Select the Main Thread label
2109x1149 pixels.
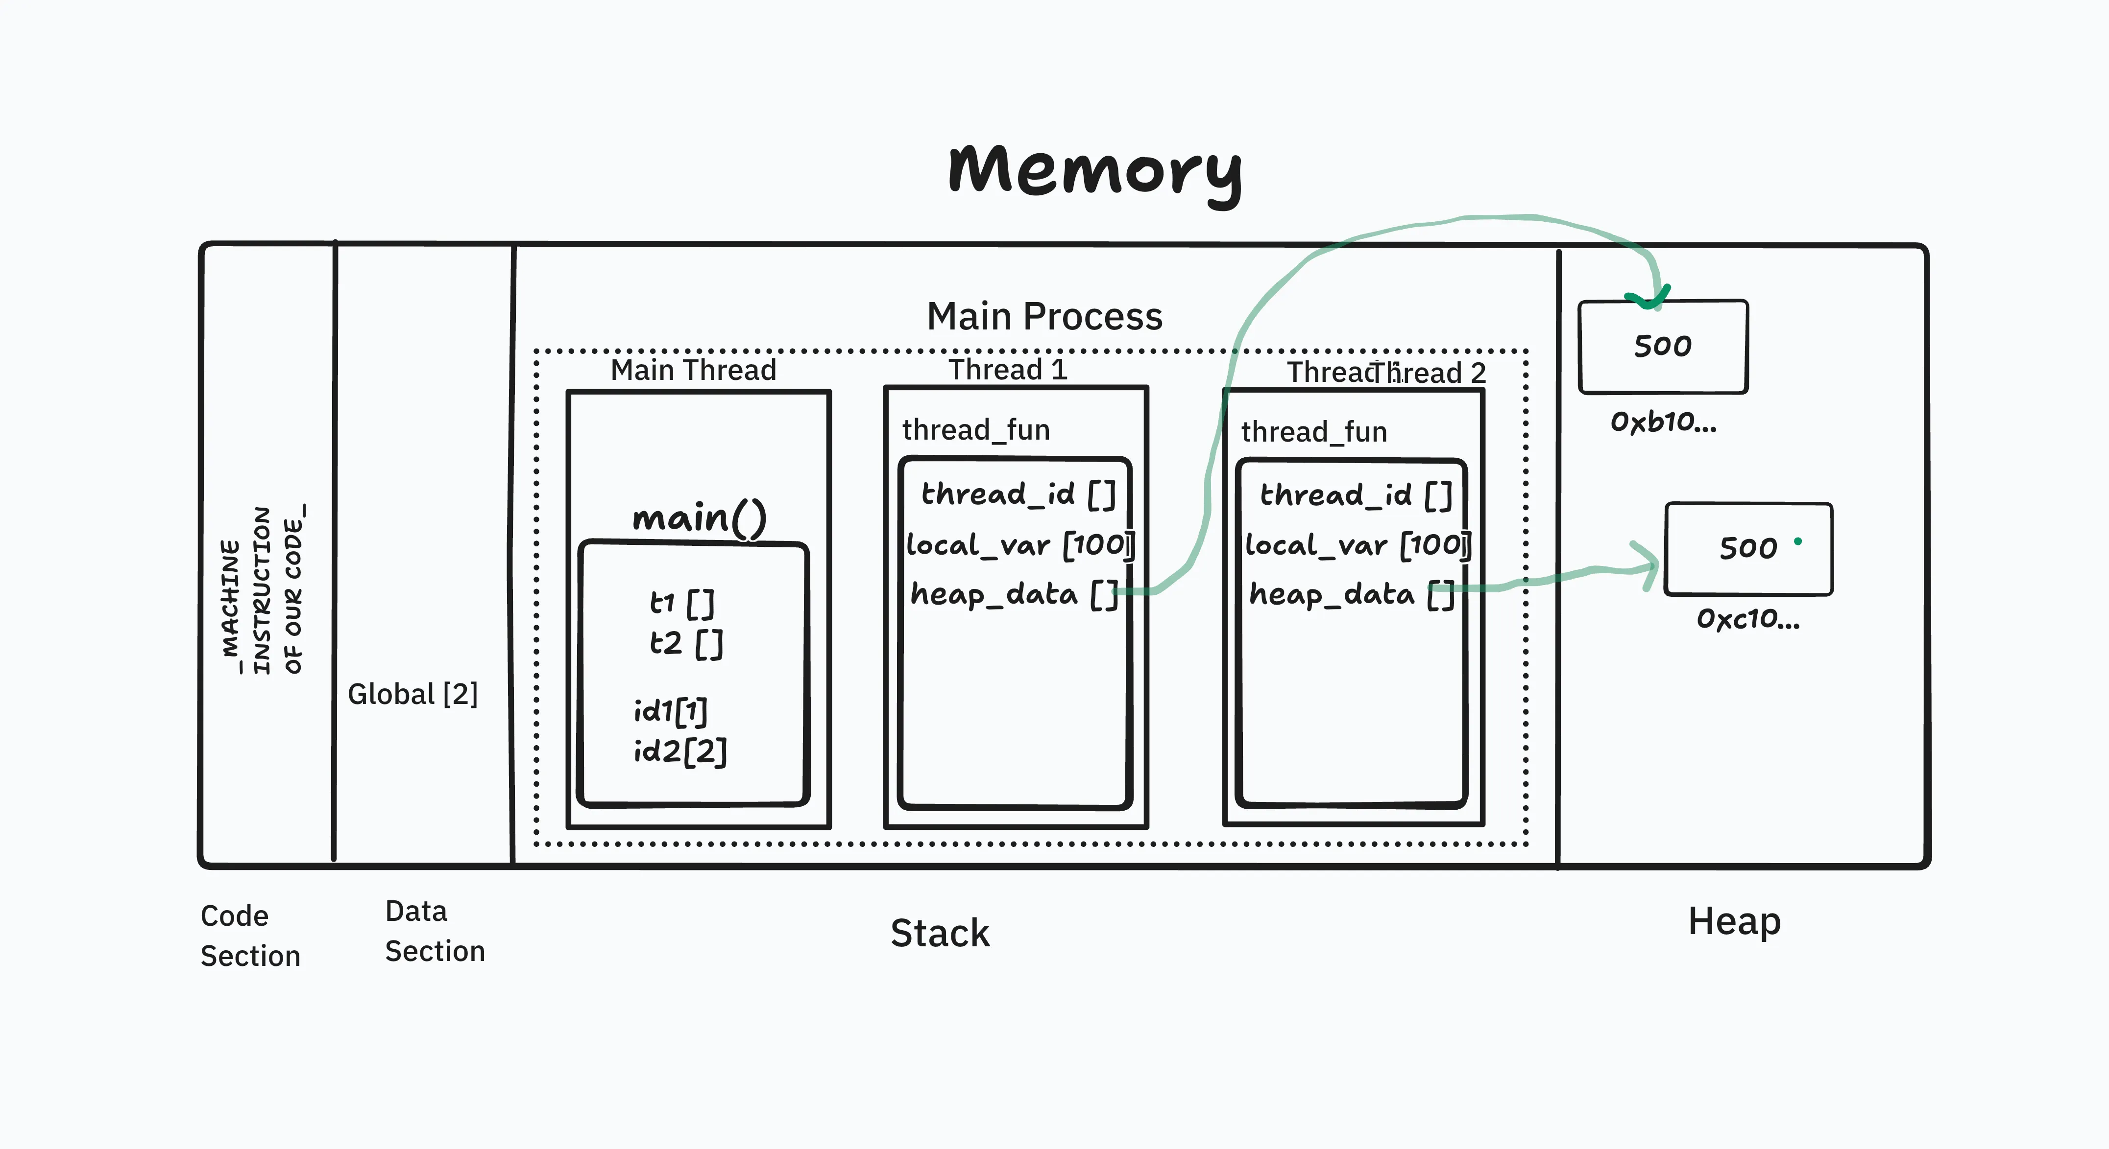(x=693, y=370)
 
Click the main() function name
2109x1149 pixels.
(x=699, y=517)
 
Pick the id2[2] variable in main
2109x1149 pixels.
(x=679, y=750)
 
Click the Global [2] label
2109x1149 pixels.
(x=412, y=694)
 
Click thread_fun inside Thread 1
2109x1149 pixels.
(x=975, y=430)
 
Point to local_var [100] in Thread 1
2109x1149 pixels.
(x=1019, y=545)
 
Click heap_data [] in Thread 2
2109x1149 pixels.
(x=1351, y=594)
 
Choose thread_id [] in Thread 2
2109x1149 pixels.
(x=1355, y=495)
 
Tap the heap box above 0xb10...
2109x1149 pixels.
(x=1662, y=346)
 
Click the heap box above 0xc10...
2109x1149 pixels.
(x=1748, y=548)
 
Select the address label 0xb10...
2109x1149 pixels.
(x=1663, y=422)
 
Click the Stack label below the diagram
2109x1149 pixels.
(x=940, y=933)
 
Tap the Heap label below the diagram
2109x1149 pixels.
(x=1734, y=921)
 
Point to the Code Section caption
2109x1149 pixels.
(x=250, y=936)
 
